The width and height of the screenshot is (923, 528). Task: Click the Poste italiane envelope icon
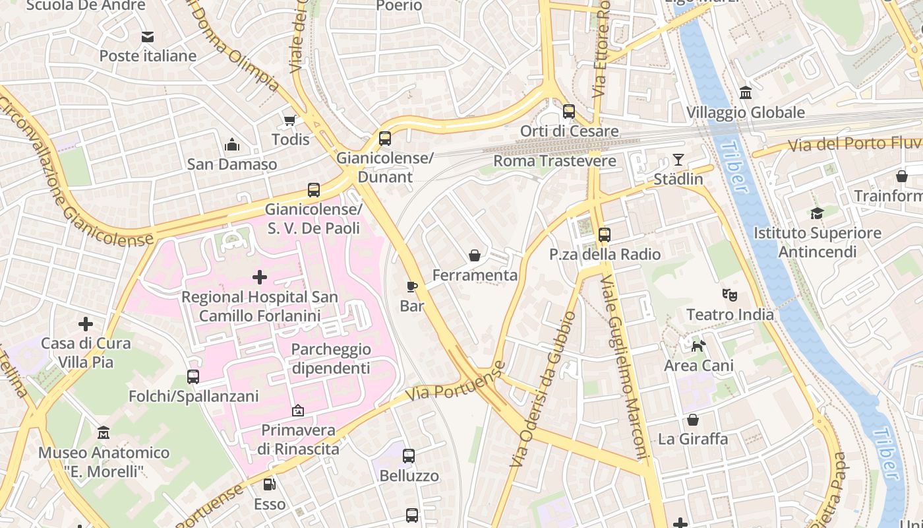click(x=147, y=37)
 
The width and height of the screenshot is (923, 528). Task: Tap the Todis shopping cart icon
click(x=289, y=120)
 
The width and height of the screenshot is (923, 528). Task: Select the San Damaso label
click(x=231, y=164)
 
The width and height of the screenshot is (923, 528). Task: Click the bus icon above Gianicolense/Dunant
click(x=385, y=139)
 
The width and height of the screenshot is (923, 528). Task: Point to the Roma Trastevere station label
click(x=554, y=161)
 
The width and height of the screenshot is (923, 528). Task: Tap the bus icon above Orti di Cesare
click(x=569, y=112)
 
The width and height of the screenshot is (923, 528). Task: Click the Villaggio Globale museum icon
click(x=746, y=93)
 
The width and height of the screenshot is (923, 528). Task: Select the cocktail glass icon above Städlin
click(x=678, y=160)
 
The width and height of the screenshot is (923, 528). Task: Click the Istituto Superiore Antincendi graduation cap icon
click(x=817, y=213)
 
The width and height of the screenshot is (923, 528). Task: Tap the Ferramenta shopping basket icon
click(x=474, y=255)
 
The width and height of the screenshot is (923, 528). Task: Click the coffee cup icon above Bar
click(x=412, y=286)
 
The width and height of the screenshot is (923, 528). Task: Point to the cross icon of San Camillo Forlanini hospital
click(x=260, y=277)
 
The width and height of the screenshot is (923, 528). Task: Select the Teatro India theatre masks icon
click(x=729, y=294)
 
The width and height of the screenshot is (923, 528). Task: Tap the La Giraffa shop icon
click(x=693, y=420)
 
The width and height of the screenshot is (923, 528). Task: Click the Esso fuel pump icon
click(x=269, y=484)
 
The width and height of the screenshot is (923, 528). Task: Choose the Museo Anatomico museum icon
click(x=104, y=433)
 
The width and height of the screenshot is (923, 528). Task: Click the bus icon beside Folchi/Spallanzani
click(x=193, y=377)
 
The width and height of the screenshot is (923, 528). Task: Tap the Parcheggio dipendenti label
click(x=331, y=358)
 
